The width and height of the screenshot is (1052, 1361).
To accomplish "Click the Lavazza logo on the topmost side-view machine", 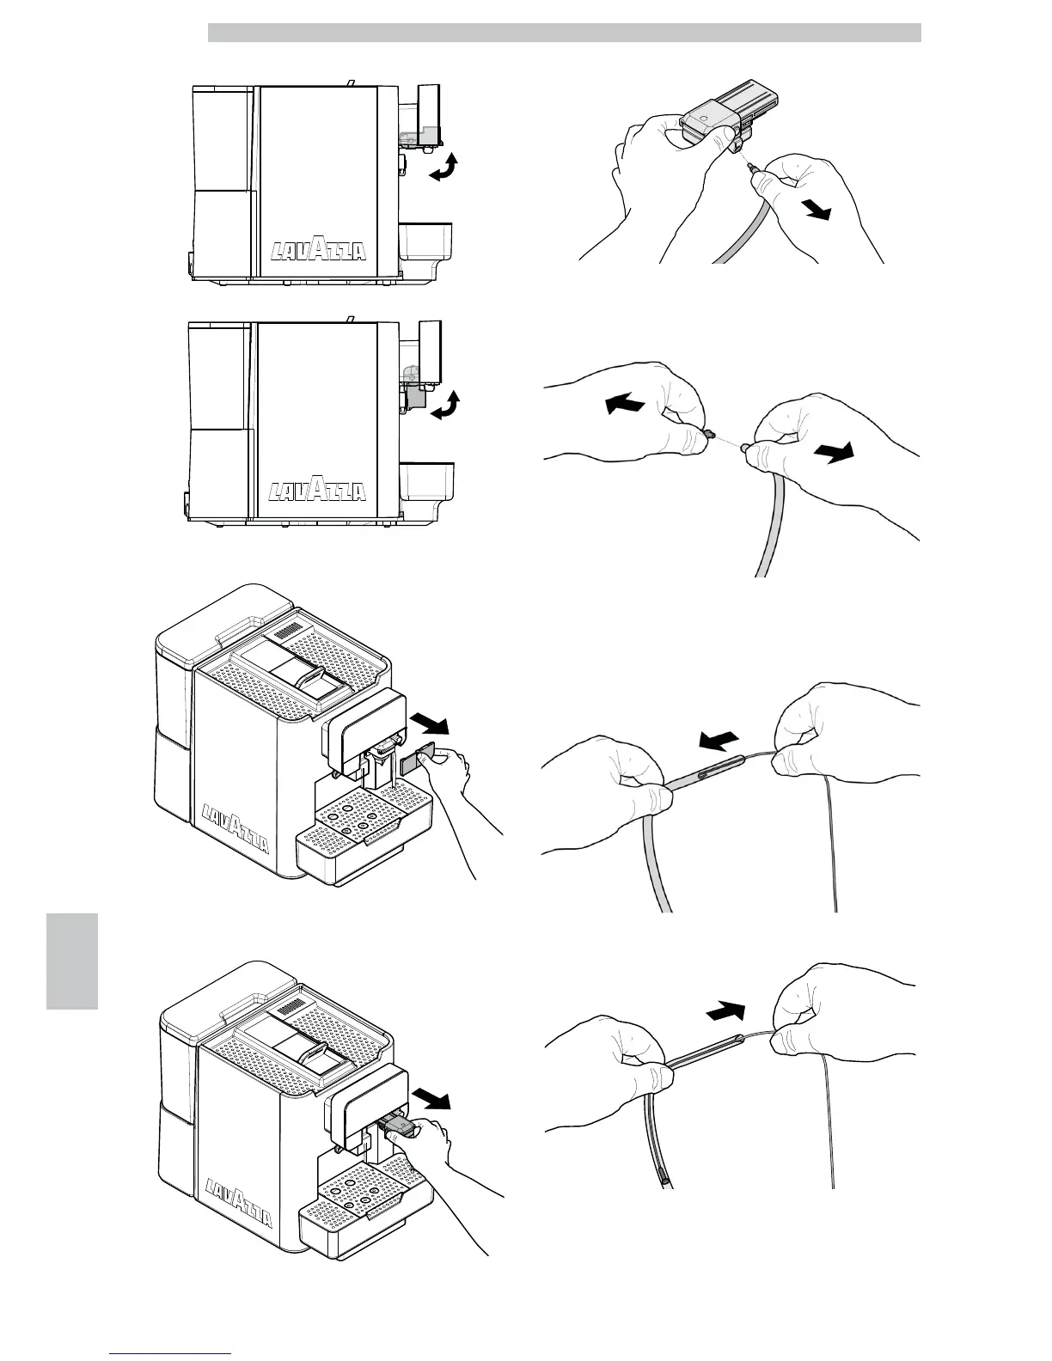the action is (319, 250).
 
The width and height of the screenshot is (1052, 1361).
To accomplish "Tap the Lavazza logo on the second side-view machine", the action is (319, 491).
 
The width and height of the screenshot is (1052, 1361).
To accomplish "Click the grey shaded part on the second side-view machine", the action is (416, 396).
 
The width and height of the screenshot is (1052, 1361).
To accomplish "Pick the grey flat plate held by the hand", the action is (417, 764).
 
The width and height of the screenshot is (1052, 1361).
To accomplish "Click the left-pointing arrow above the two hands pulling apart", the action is (624, 403).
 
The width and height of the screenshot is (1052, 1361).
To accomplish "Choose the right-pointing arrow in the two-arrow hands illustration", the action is (836, 454).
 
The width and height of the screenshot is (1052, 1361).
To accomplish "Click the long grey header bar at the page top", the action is (564, 33).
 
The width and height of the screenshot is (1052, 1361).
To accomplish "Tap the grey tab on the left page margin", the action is (72, 961).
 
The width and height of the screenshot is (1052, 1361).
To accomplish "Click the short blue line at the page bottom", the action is (171, 1352).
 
